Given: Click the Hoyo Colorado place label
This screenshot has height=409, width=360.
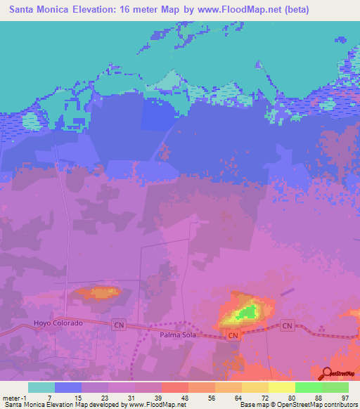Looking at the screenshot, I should [58, 323].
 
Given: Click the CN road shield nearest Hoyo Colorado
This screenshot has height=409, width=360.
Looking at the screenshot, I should [119, 325].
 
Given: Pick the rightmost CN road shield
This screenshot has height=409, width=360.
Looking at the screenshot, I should [287, 325].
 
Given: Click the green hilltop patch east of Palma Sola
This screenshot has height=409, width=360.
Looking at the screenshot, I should [247, 311].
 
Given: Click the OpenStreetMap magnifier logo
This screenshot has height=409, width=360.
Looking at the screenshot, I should [327, 373].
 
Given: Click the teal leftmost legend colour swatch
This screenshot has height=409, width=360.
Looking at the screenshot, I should [41, 387].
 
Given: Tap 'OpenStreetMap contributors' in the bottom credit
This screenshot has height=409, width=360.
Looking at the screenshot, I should [316, 405].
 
